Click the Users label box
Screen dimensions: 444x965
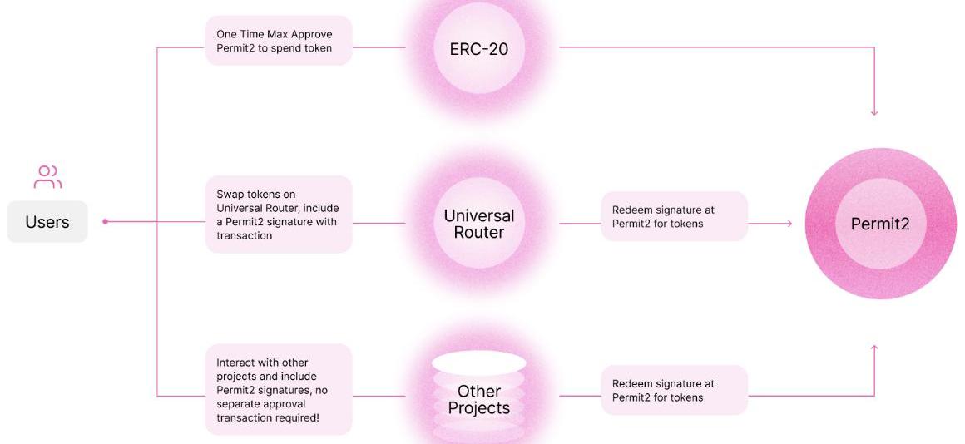click(x=47, y=222)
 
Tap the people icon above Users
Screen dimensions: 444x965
click(x=47, y=176)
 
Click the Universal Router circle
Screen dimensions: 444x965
click(x=478, y=224)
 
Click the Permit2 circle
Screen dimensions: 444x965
click(x=881, y=223)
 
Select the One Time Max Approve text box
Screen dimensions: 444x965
click(x=279, y=42)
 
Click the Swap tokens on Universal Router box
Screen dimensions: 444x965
click(x=279, y=215)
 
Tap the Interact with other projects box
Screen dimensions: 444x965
click(x=279, y=390)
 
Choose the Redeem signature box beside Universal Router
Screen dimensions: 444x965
click(x=674, y=217)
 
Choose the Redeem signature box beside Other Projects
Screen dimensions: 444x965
click(x=674, y=391)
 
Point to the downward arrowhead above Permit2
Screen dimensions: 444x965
click(x=874, y=112)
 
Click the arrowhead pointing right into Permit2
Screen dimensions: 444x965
click(x=789, y=224)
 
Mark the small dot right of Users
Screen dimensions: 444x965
click(x=105, y=222)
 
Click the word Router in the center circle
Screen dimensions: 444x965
click(x=479, y=233)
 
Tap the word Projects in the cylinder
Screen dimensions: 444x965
click(x=478, y=407)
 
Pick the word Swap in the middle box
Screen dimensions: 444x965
click(x=229, y=194)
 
